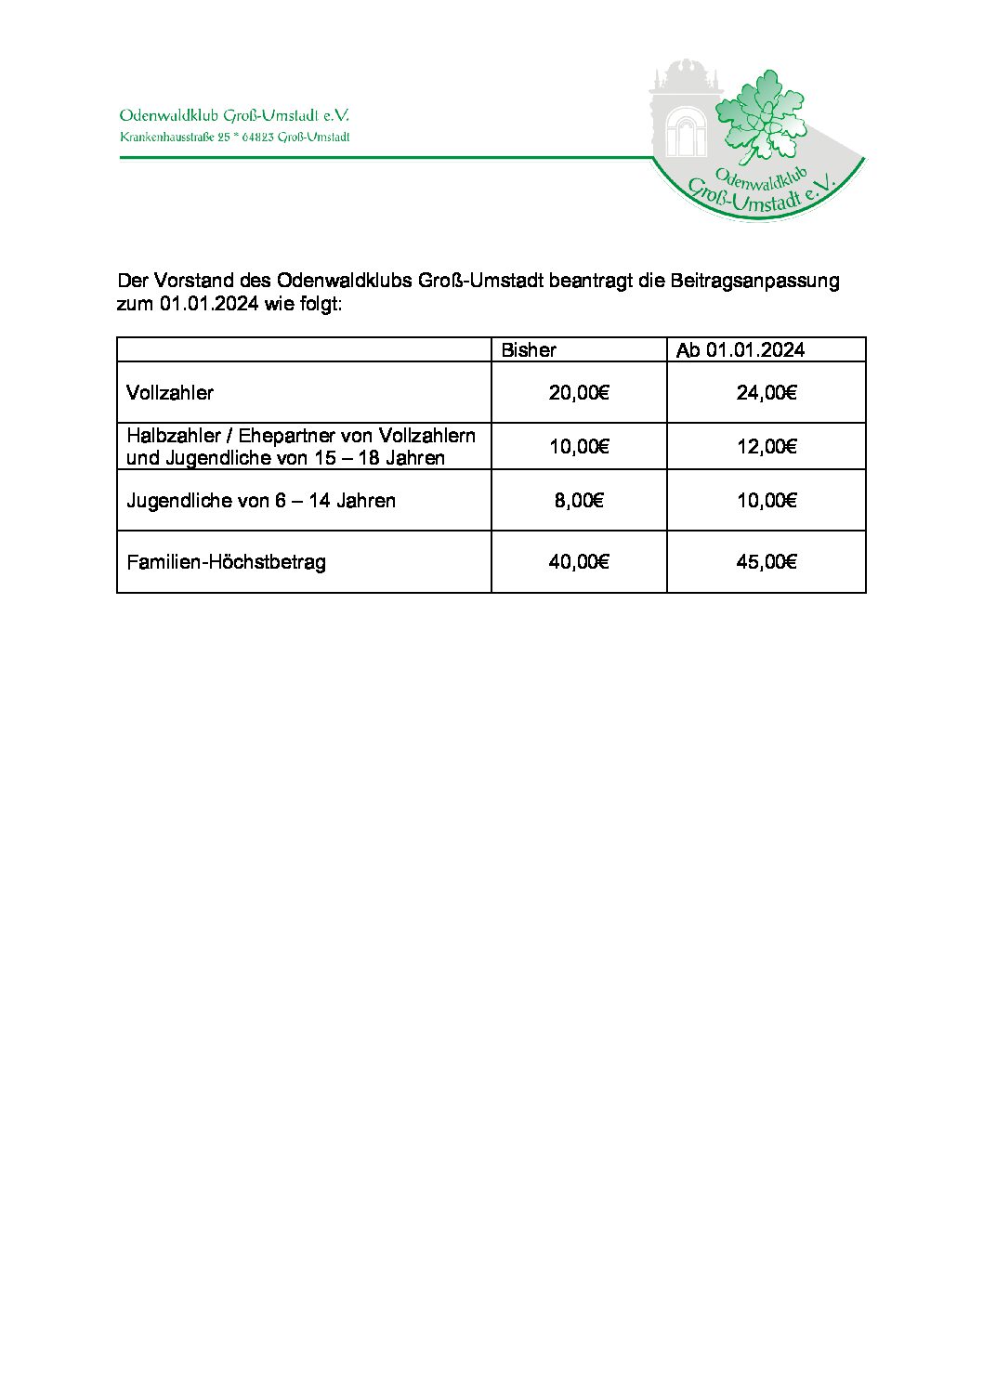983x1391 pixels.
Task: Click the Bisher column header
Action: point(529,350)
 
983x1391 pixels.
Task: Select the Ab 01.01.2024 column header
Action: point(741,350)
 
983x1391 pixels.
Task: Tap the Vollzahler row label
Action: point(170,393)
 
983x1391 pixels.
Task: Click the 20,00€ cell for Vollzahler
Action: point(579,393)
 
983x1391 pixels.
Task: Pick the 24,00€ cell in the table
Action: point(767,393)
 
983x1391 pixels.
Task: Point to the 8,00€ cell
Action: point(579,501)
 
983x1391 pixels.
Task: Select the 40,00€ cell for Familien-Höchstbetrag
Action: point(579,562)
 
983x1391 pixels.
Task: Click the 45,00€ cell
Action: point(767,562)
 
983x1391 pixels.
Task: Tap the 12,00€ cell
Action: point(767,447)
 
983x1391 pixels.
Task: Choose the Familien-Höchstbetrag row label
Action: point(226,562)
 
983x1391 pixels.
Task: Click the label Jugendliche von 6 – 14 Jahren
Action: point(261,501)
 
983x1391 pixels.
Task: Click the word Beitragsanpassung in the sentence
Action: point(754,281)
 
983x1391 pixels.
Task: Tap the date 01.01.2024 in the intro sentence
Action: point(208,304)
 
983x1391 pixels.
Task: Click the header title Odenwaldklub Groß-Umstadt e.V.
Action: point(234,116)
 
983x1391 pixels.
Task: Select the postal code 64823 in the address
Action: point(257,138)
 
